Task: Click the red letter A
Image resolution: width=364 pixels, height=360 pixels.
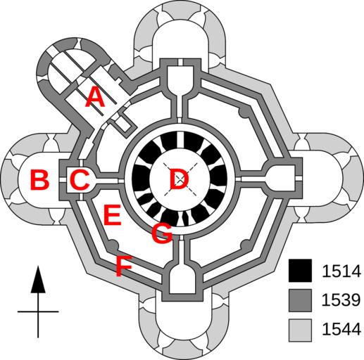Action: pos(95,97)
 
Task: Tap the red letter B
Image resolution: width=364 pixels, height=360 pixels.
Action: pos(39,180)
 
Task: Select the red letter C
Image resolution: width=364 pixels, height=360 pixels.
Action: pos(80,179)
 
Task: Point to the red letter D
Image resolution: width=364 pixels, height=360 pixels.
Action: pos(180,179)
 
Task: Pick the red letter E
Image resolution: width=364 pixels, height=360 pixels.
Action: pos(113,214)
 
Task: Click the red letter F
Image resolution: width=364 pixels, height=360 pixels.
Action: pos(124,266)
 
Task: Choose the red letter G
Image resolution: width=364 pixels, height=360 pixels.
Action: pos(162,233)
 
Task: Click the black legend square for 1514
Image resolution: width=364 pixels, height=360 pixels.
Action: pos(300,271)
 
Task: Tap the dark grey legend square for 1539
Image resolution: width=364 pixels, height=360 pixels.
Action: pos(300,300)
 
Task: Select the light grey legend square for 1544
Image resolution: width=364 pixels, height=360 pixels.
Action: pos(300,330)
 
